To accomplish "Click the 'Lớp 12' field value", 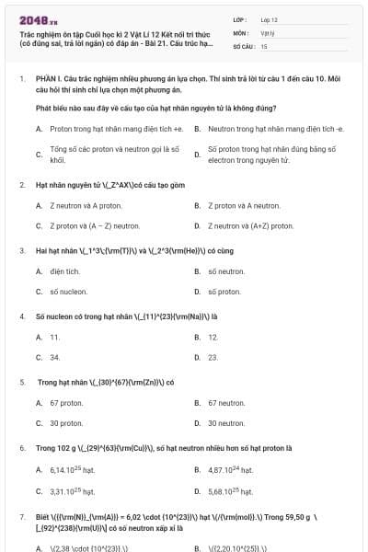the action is (x=270, y=19).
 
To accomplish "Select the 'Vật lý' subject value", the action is (x=268, y=32).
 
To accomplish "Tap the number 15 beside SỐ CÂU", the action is (x=264, y=45).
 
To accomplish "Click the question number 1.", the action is (x=21, y=80).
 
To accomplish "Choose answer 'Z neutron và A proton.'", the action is (x=73, y=205).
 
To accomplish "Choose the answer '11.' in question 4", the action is (x=55, y=338).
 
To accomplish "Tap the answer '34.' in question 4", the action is (x=55, y=357).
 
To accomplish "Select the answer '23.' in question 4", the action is (x=213, y=357).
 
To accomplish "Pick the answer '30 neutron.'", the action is (x=226, y=423).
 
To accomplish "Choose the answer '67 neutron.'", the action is (x=226, y=403).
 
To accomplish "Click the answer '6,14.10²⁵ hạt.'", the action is (x=72, y=470).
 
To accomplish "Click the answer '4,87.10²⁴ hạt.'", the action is (x=230, y=470).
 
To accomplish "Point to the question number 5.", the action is (x=21, y=382).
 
